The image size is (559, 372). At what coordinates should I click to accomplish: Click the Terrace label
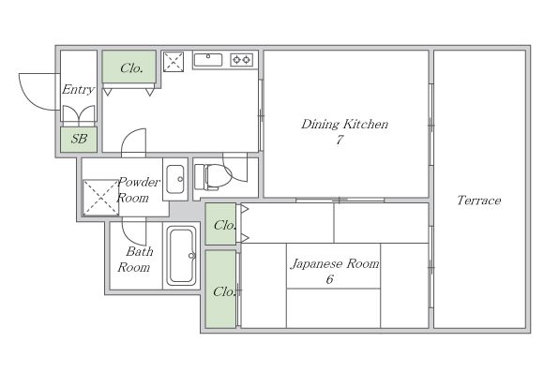[478, 201]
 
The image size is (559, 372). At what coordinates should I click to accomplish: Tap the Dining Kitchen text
[344, 124]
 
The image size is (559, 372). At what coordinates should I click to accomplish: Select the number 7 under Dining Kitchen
[339, 140]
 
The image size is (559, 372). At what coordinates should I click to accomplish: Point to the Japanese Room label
[335, 264]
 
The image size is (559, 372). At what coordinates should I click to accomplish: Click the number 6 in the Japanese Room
[330, 279]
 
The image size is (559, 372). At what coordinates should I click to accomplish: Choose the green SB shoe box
[79, 140]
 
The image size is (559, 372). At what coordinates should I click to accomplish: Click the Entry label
[78, 89]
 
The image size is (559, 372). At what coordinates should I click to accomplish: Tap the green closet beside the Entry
[129, 67]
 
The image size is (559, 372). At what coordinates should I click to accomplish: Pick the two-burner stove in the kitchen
[241, 60]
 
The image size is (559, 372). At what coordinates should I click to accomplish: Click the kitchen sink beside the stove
[208, 60]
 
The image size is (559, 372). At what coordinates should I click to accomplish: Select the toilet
[213, 176]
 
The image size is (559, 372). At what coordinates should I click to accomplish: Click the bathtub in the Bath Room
[182, 256]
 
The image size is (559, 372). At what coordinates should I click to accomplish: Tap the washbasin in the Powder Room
[175, 179]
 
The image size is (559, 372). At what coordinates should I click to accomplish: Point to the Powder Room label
[138, 189]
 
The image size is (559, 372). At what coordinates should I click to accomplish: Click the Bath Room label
[135, 260]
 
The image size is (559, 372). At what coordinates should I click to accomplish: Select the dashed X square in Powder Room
[100, 198]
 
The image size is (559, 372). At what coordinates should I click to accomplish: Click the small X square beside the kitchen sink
[174, 62]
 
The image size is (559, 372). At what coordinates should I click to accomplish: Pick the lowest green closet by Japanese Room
[220, 289]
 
